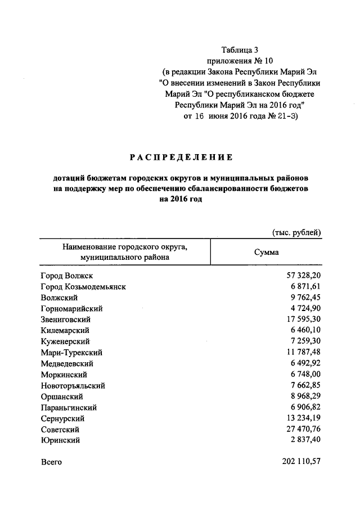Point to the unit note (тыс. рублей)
(x=296, y=232)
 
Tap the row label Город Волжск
(x=66, y=276)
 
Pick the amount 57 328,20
(x=301, y=276)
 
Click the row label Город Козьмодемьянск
(x=83, y=287)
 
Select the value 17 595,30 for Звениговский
(x=301, y=319)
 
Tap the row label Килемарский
(x=65, y=331)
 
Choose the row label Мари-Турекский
(x=71, y=353)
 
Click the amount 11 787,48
(x=301, y=353)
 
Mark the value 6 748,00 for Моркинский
(x=304, y=375)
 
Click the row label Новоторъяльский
(x=73, y=386)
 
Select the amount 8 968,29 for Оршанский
(x=304, y=397)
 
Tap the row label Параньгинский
(x=69, y=408)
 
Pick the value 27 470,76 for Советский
(x=301, y=430)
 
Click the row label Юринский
(x=60, y=440)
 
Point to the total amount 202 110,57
(x=301, y=462)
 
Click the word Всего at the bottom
(x=51, y=462)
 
